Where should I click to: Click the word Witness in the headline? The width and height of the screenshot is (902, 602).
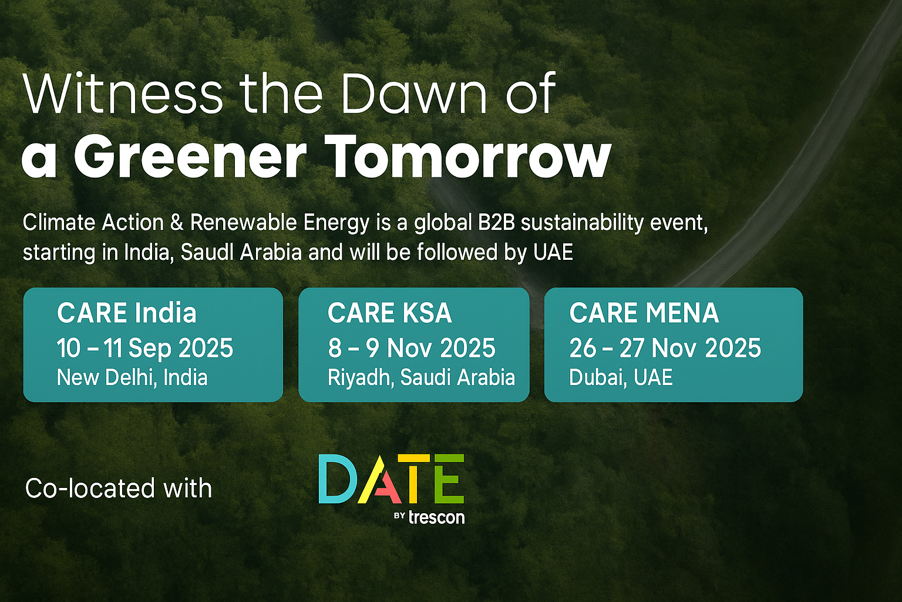coord(123,93)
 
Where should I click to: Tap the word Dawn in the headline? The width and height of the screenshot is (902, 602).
coord(415,93)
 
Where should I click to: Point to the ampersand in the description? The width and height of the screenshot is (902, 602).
coord(177,223)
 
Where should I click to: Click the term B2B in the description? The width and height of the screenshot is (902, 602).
coord(496,223)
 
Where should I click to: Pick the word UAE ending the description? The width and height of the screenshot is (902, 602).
coord(553,253)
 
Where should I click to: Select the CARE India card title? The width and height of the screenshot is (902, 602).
coord(126,313)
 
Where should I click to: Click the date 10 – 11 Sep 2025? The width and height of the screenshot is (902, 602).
coord(145,348)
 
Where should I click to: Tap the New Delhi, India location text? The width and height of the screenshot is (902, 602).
coord(132,378)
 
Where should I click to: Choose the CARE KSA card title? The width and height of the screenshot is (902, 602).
coord(390,313)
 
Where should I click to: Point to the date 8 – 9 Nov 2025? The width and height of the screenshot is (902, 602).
coord(412,348)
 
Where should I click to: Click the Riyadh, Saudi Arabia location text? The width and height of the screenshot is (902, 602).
coord(421,378)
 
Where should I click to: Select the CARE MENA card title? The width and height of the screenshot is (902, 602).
coord(644,313)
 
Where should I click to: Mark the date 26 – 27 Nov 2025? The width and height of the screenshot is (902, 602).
coord(665,348)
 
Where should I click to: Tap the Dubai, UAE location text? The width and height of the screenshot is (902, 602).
coord(621,378)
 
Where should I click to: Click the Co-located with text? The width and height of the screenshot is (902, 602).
coord(119,489)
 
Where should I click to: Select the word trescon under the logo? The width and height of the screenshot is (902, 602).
coord(436,517)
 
